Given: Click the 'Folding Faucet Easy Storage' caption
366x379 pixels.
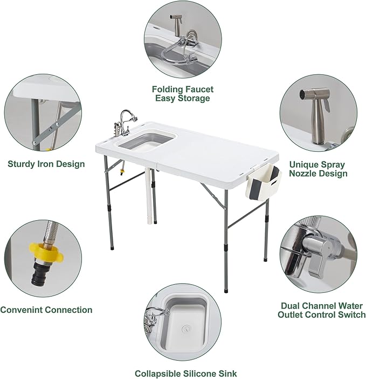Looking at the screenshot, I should (x=182, y=94).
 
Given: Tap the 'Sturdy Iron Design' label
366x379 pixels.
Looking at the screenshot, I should (x=46, y=164).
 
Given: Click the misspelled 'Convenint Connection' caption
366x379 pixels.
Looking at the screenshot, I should (x=46, y=310).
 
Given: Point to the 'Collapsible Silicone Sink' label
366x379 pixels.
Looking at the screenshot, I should (x=185, y=373).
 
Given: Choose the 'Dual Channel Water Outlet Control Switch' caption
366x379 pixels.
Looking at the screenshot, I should (x=321, y=310).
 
